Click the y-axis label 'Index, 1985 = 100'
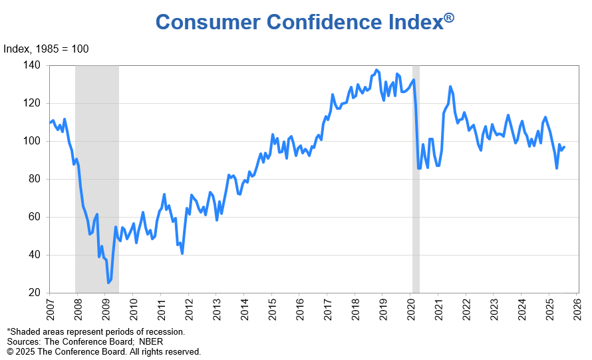(x=46, y=49)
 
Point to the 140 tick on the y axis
(x=33, y=65)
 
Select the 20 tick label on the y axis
(x=35, y=293)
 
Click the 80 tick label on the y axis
(x=35, y=179)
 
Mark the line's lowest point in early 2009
(x=108, y=283)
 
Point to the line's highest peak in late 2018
(x=376, y=70)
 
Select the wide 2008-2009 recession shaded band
(x=96, y=180)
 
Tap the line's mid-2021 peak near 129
(x=450, y=87)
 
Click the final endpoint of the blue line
(x=564, y=147)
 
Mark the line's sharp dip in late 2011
(x=182, y=253)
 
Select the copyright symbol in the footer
(x=10, y=351)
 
